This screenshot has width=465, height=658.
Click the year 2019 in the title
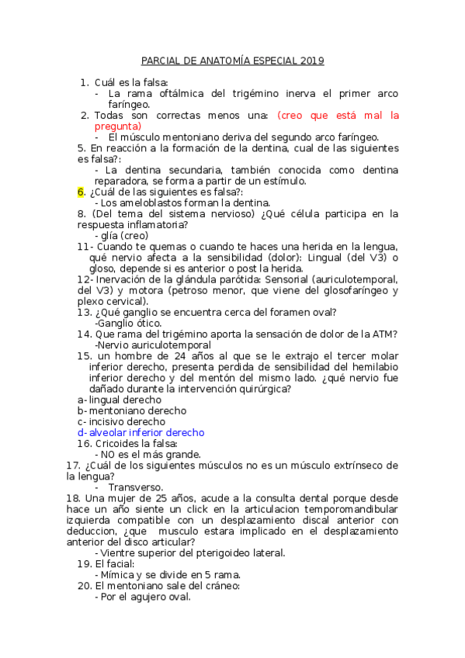pos(311,61)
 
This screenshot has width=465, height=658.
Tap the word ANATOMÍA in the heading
pos(217,61)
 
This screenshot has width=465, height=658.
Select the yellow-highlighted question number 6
pos(81,192)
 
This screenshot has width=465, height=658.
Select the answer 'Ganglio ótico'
pos(129,323)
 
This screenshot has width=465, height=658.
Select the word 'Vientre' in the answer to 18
pos(122,552)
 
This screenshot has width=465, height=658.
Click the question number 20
pos(84,586)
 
